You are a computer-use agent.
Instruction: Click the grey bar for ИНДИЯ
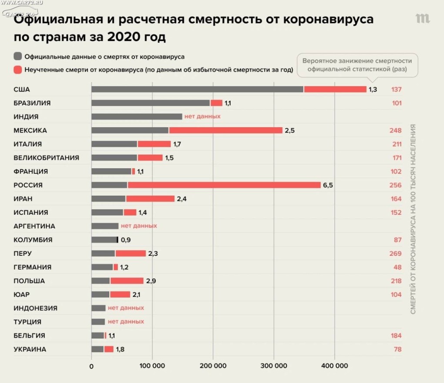137,117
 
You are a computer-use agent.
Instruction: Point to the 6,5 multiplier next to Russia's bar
328,185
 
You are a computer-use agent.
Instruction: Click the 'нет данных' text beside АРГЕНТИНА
139,226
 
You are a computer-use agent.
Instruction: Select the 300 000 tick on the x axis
274,366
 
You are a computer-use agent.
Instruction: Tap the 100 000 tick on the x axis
152,366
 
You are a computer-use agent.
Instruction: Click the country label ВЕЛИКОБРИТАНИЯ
47,158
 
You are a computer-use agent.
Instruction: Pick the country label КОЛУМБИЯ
33,240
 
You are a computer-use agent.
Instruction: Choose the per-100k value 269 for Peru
396,254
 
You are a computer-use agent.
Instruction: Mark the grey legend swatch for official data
18,57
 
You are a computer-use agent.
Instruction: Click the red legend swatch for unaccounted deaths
18,70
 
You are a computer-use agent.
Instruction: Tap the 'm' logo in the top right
422,18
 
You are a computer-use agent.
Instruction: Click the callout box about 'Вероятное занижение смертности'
357,65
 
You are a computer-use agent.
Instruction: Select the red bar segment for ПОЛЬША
127,281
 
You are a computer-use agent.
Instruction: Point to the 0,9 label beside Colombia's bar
126,240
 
